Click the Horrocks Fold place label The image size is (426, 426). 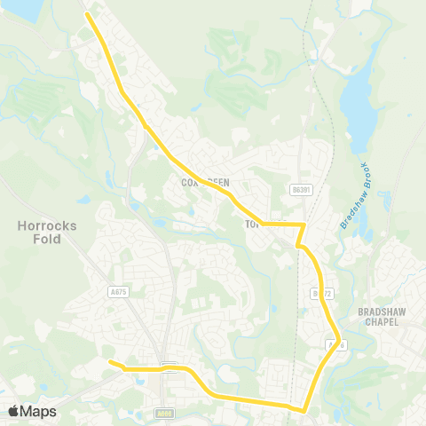[x=47, y=232]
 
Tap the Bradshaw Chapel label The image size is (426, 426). [x=387, y=317]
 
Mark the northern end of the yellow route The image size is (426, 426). [x=87, y=14]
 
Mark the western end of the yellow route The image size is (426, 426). [x=109, y=362]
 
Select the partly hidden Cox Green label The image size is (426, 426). [x=205, y=183]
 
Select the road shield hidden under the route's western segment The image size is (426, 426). [x=169, y=366]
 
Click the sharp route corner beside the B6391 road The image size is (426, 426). [x=304, y=225]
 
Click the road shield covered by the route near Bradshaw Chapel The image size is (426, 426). [x=334, y=344]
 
